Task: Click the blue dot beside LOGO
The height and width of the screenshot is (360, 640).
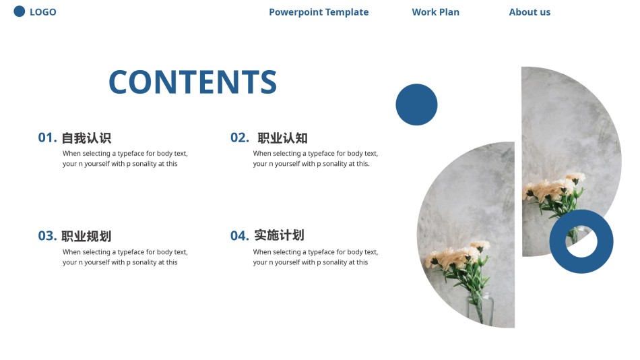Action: tap(19, 11)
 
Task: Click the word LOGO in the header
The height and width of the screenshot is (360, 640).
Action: tap(43, 12)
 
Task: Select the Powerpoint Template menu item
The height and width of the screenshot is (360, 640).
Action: tap(319, 12)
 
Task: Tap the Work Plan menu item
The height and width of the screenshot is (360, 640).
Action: tap(435, 12)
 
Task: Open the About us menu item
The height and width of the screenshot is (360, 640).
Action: tap(530, 12)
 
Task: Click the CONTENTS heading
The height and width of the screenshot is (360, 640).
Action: tap(193, 82)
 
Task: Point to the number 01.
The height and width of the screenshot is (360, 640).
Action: tap(47, 138)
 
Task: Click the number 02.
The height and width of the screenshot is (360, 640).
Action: tap(240, 138)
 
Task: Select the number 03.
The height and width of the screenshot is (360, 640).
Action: tap(47, 236)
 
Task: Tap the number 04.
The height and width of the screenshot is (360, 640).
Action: tap(240, 236)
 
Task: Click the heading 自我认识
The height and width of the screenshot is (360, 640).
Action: tap(86, 138)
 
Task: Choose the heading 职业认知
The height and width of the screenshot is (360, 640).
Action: tap(282, 138)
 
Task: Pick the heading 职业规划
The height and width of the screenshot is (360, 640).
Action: tap(86, 236)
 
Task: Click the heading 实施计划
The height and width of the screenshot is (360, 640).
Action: tap(279, 235)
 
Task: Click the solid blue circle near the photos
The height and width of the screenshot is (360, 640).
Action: tap(416, 104)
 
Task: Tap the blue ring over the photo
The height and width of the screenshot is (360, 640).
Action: tap(558, 241)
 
